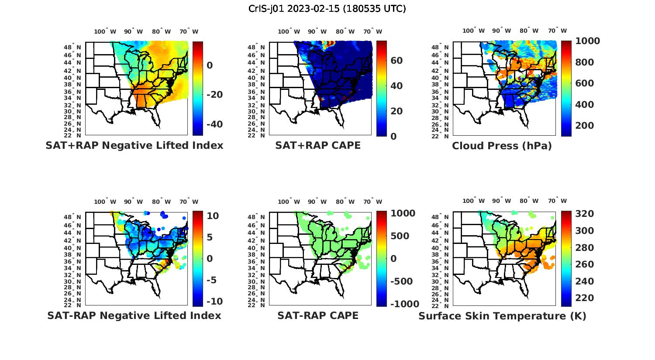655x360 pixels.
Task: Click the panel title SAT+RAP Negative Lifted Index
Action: click(x=134, y=145)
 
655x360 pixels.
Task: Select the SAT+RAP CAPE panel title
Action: click(x=318, y=145)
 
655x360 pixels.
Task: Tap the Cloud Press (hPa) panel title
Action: click(x=502, y=146)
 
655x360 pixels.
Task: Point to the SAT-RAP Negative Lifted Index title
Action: click(x=134, y=315)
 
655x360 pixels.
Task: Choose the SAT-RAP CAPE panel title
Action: click(x=318, y=315)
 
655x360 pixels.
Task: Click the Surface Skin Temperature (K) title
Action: click(x=502, y=316)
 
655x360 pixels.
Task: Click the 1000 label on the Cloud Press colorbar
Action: click(x=587, y=41)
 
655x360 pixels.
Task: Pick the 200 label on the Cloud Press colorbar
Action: click(x=585, y=126)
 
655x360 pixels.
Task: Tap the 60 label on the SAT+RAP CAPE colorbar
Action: click(x=396, y=60)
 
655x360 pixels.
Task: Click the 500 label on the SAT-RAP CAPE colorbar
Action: click(x=400, y=236)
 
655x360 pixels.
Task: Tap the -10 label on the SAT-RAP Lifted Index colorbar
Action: click(x=214, y=302)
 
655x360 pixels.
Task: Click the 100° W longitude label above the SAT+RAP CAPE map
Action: click(x=289, y=31)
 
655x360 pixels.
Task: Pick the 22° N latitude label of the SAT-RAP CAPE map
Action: click(x=256, y=305)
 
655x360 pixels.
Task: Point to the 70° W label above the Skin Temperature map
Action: click(x=557, y=201)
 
